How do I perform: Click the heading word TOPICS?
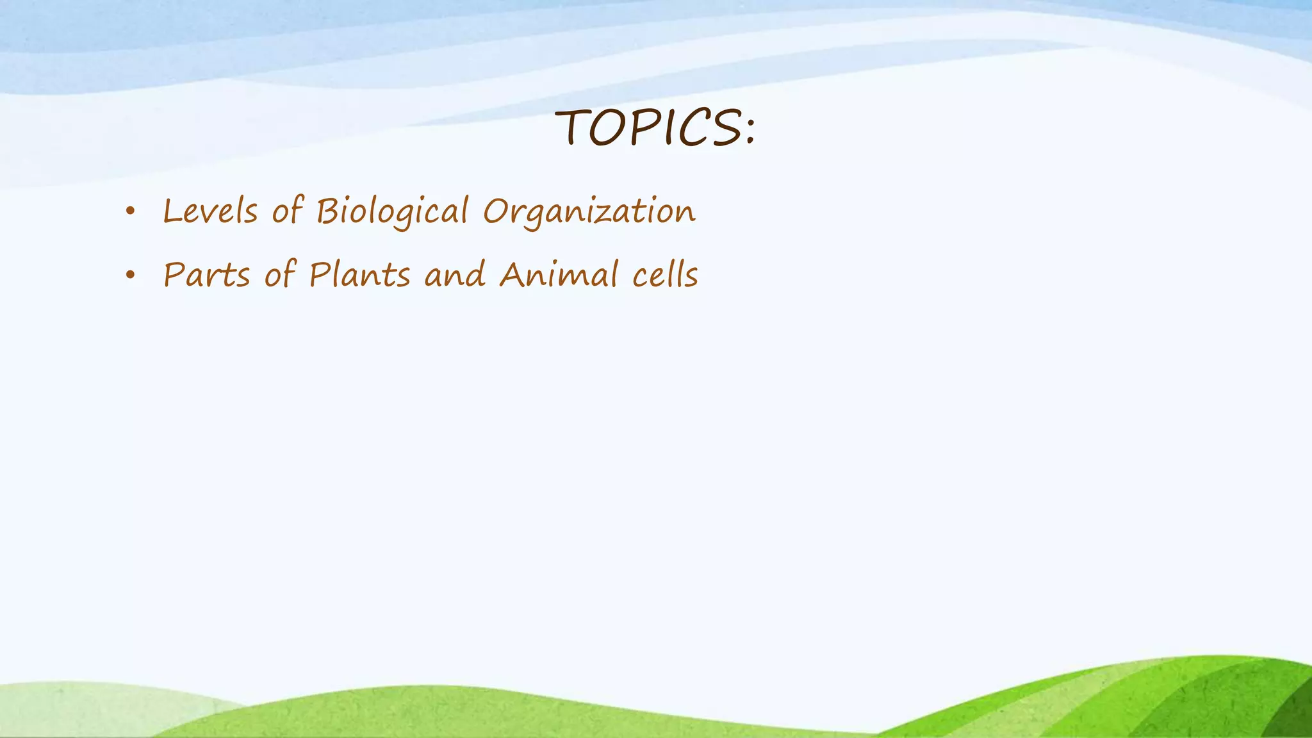(647, 127)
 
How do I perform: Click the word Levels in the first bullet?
(210, 211)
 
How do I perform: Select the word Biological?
(392, 211)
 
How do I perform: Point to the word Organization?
(589, 211)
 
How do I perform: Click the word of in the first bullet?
(286, 211)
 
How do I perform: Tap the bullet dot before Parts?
(131, 275)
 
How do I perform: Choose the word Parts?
(206, 275)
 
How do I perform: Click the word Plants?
(359, 275)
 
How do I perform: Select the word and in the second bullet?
(455, 275)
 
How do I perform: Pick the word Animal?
(558, 275)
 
